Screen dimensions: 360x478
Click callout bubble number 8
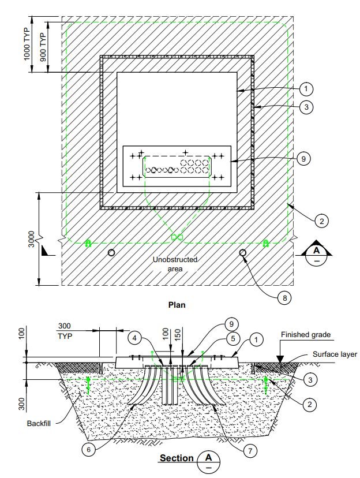point(284,297)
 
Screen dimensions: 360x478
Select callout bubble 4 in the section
point(134,338)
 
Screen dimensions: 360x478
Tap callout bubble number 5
point(233,339)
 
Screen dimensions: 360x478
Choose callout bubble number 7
point(250,450)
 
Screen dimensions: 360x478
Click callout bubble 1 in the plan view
point(306,89)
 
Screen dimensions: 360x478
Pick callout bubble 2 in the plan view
point(322,221)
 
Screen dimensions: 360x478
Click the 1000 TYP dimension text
point(27,44)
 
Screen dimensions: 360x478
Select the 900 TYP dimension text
point(43,47)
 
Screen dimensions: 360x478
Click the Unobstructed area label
point(175,264)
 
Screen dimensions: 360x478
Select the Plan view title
point(177,305)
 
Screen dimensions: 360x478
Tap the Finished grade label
point(306,334)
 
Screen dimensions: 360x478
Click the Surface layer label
point(335,354)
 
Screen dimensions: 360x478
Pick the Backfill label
point(39,423)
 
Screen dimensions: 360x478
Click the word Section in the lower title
point(177,458)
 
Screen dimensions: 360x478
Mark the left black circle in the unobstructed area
point(111,253)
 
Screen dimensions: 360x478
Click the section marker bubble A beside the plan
point(317,256)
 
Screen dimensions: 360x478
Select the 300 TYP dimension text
point(65,331)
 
